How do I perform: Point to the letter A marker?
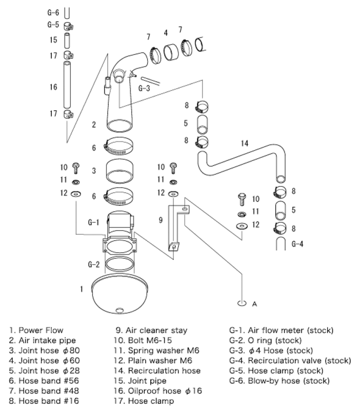click(x=254, y=304)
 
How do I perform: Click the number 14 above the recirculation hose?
click(x=245, y=143)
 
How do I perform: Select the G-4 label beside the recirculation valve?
click(x=297, y=244)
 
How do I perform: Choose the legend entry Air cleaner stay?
click(x=152, y=331)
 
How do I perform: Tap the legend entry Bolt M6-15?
click(x=146, y=340)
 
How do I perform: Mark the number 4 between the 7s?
click(x=166, y=33)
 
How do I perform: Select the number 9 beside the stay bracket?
click(x=161, y=220)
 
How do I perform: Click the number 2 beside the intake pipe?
click(x=94, y=125)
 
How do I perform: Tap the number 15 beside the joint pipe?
click(x=53, y=39)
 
